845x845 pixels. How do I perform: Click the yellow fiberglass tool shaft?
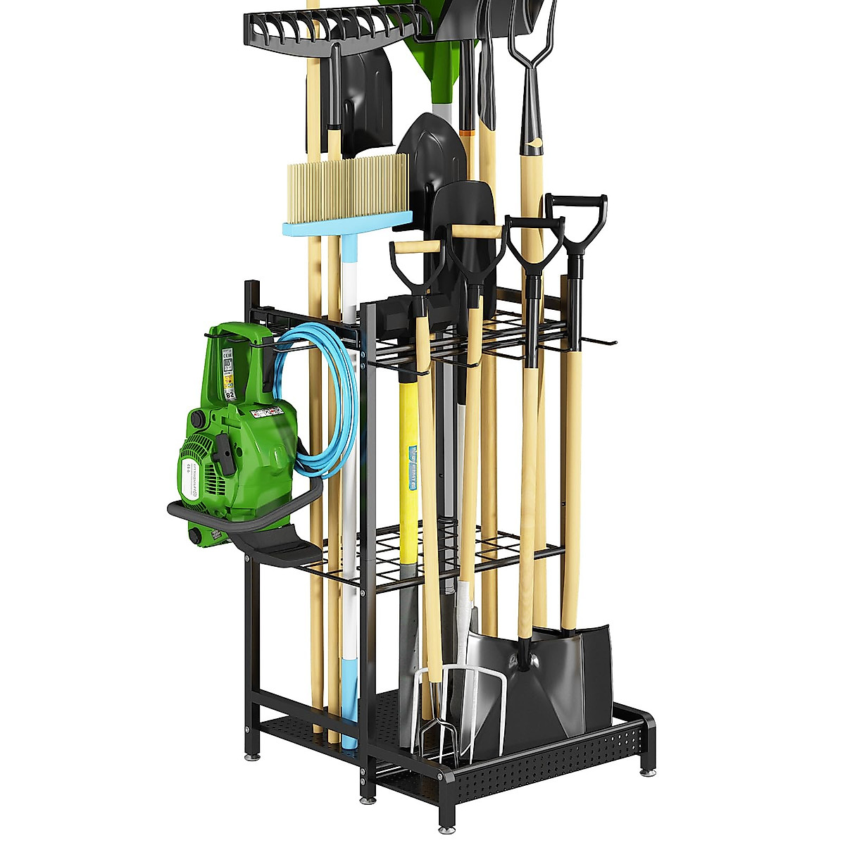tap(408, 451)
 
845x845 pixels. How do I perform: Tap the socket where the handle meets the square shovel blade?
tap(525, 658)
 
